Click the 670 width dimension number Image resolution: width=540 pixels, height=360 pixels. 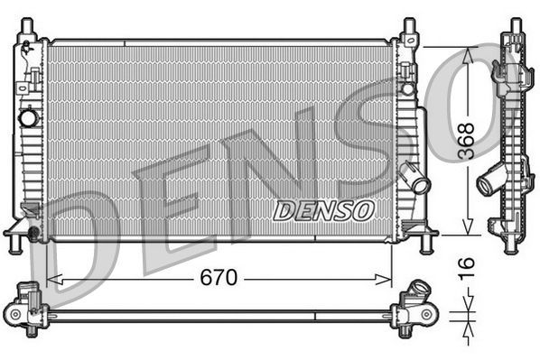click(x=219, y=278)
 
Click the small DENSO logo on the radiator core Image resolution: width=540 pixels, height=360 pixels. click(x=323, y=210)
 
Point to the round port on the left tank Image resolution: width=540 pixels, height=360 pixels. click(x=29, y=117)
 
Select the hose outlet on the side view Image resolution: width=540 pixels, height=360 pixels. click(x=488, y=184)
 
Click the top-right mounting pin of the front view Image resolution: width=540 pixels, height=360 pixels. click(x=408, y=28)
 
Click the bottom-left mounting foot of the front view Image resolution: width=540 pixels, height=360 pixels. click(x=18, y=241)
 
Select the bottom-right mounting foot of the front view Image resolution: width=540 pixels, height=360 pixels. click(x=424, y=240)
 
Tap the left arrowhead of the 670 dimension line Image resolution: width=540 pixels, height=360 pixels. click(x=51, y=278)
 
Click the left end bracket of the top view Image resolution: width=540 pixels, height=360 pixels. click(x=27, y=309)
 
